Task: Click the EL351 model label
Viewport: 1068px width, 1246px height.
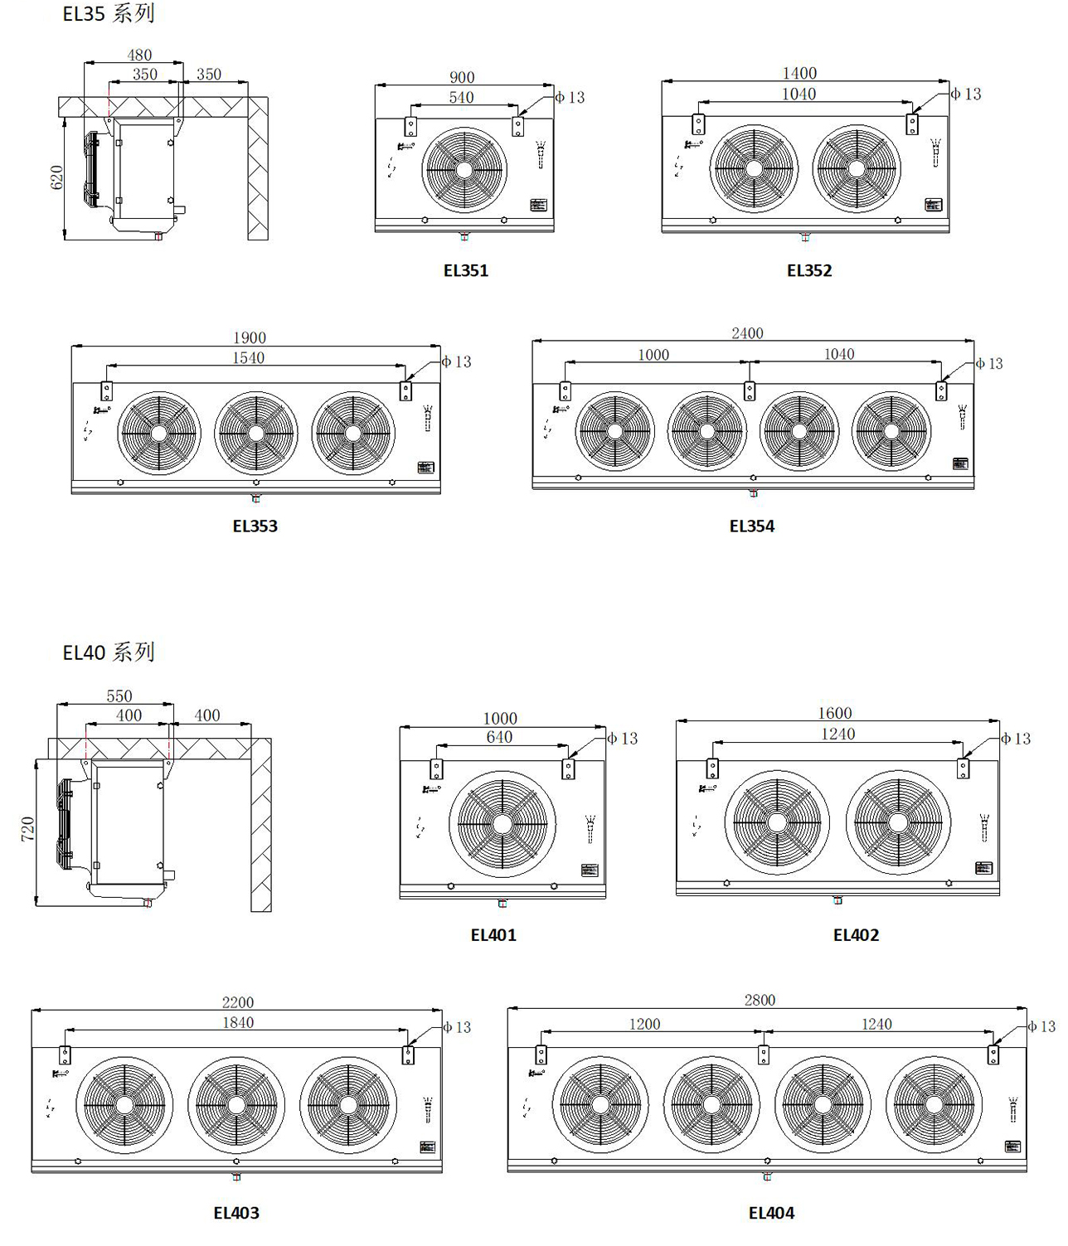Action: (466, 270)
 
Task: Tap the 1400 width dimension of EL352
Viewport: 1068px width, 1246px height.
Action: (799, 73)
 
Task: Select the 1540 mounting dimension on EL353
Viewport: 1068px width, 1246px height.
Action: (249, 357)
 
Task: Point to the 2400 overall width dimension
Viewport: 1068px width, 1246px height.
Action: (747, 332)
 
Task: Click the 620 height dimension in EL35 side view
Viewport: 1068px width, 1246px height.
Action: (57, 177)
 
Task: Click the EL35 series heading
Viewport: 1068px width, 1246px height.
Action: (109, 14)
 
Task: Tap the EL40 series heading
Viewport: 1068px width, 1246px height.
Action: (109, 652)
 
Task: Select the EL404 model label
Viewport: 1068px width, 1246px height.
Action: (771, 1213)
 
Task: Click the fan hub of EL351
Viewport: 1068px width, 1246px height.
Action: (464, 169)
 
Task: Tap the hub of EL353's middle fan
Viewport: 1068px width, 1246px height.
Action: (256, 433)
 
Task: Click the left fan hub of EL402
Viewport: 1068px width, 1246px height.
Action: (777, 822)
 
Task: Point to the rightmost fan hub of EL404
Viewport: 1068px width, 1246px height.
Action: (934, 1104)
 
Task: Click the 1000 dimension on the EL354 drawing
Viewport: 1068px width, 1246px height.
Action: (653, 355)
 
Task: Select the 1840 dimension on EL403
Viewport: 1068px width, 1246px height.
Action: (237, 1022)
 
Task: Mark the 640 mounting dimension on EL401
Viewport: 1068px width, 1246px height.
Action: (499, 737)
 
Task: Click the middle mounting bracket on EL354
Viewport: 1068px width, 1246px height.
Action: (750, 390)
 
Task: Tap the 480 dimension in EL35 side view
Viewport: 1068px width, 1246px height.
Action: (139, 56)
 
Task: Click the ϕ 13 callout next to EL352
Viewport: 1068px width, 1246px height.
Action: (966, 94)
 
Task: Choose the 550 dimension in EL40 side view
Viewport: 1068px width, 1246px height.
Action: (119, 696)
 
